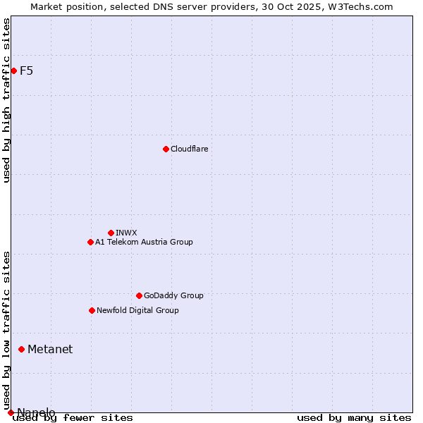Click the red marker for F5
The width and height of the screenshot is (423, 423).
pyautogui.click(x=13, y=70)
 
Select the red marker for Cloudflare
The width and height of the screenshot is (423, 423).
pyautogui.click(x=166, y=149)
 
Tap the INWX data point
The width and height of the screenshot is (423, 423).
pyautogui.click(x=111, y=233)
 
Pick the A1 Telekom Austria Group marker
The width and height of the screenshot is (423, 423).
pyautogui.click(x=90, y=242)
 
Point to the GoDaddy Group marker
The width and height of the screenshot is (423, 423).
pyautogui.click(x=139, y=295)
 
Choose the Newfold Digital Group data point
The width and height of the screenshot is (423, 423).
pyautogui.click(x=92, y=310)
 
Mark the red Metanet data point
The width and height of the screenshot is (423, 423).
pyautogui.click(x=21, y=349)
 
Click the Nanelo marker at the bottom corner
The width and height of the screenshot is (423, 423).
pyautogui.click(x=11, y=412)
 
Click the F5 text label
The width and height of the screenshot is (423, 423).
pyautogui.click(x=27, y=70)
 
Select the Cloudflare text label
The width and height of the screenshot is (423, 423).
pyautogui.click(x=190, y=149)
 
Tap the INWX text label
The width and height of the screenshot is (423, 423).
pyautogui.click(x=126, y=233)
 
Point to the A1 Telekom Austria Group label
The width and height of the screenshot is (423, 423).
pyautogui.click(x=144, y=242)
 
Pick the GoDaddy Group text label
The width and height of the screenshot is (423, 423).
pyautogui.click(x=173, y=295)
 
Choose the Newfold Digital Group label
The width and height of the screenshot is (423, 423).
pyautogui.click(x=137, y=310)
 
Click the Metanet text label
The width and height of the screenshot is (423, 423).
pyautogui.click(x=50, y=349)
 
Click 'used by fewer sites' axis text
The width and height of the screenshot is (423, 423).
pyautogui.click(x=73, y=417)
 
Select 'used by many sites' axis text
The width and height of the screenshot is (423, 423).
pyautogui.click(x=354, y=417)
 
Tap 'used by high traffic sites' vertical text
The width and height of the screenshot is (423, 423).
pyautogui.click(x=7, y=100)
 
